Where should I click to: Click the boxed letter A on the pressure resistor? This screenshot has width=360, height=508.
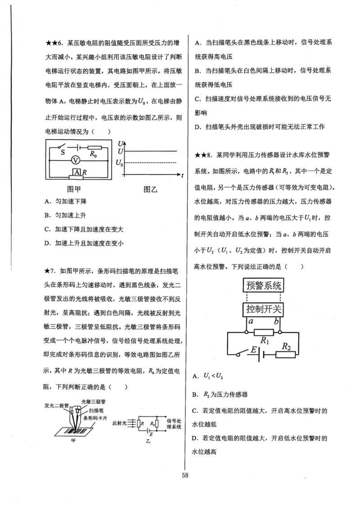pos(77,172)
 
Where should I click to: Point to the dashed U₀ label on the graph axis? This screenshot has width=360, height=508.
pos(120,162)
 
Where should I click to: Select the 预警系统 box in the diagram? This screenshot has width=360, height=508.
pos(264,285)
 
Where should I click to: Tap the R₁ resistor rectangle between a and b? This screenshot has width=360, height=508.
pos(264,333)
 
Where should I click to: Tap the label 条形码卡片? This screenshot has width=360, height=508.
pos(99,417)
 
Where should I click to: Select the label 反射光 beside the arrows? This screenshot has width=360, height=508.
pos(118,423)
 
